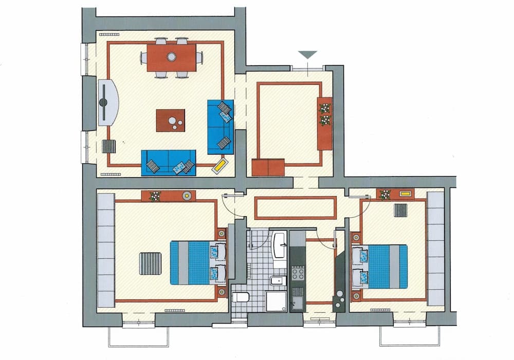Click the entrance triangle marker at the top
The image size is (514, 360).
pyautogui.click(x=307, y=54)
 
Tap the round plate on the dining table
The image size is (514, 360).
pyautogui.click(x=171, y=56)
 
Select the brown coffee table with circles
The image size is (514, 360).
pyautogui.click(x=171, y=121)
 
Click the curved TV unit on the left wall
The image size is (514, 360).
pyautogui.click(x=107, y=103)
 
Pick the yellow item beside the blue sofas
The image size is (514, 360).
pyautogui.click(x=221, y=165)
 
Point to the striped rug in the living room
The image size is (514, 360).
pyautogui.click(x=109, y=146)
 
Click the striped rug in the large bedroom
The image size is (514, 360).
pyautogui.click(x=150, y=263)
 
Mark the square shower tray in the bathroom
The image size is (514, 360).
pyautogui.click(x=276, y=301)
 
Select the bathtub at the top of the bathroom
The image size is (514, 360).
pyautogui.click(x=280, y=245)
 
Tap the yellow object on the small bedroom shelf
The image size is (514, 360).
pyautogui.click(x=405, y=194)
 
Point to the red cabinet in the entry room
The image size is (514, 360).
pyautogui.click(x=268, y=167)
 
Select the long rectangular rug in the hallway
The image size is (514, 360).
pyautogui.click(x=296, y=207)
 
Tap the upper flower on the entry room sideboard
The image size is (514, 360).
pyautogui.click(x=324, y=108)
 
